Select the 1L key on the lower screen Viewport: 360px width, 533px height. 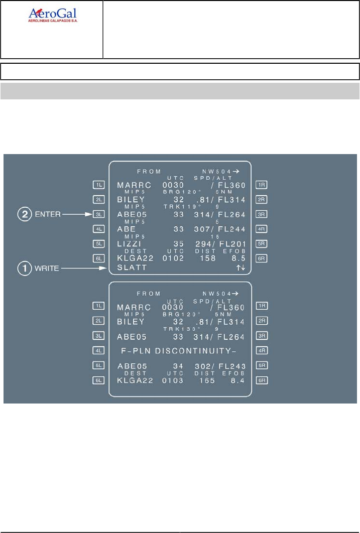pos(98,305)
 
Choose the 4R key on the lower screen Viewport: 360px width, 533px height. pos(261,350)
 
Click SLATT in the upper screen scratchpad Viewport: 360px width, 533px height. pos(132,268)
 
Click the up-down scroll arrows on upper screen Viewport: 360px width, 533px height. pos(241,268)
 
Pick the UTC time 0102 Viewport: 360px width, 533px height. pos(173,259)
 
